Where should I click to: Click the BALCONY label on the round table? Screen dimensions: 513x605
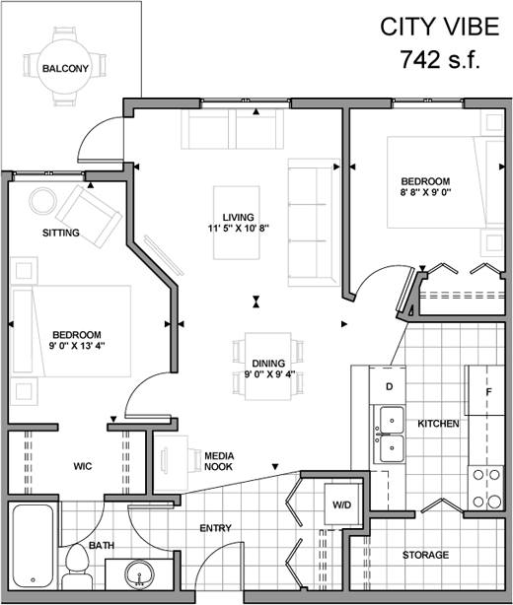[x=65, y=69]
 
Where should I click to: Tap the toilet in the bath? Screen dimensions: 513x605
[x=77, y=567]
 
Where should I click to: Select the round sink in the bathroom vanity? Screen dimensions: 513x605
[x=139, y=573]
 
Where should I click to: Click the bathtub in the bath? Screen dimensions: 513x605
[x=34, y=546]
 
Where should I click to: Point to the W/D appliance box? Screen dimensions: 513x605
[x=342, y=504]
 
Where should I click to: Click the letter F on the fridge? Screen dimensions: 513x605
[x=488, y=392]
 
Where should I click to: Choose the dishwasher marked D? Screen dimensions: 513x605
[x=388, y=385]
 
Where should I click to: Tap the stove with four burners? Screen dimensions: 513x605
[x=486, y=488]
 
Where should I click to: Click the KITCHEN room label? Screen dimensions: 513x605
[x=438, y=424]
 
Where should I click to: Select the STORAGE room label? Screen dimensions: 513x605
[x=426, y=555]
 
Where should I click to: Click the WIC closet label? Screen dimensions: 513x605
[x=83, y=466]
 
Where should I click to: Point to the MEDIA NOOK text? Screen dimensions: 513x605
[x=219, y=461]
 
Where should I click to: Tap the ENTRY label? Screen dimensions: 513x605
[x=215, y=528]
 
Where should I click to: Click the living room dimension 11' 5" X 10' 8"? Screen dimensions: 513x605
[x=239, y=228]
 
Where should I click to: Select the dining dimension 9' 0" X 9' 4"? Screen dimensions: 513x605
[x=269, y=373]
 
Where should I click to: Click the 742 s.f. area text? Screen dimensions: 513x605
[x=440, y=59]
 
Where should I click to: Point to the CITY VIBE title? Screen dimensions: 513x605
[x=440, y=27]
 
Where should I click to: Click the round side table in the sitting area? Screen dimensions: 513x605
[x=42, y=201]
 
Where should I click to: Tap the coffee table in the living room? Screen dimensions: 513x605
[x=237, y=223]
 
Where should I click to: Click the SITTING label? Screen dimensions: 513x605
[x=60, y=233]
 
